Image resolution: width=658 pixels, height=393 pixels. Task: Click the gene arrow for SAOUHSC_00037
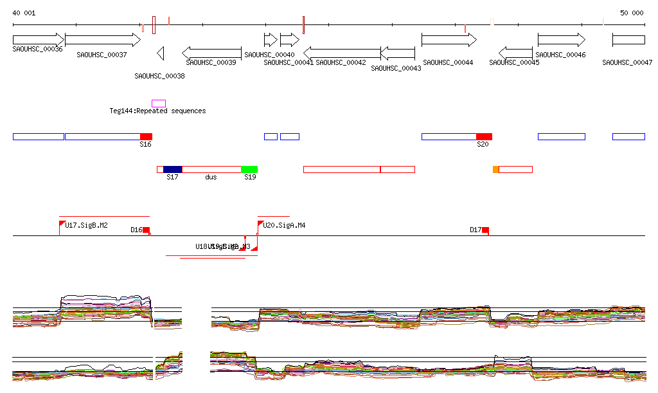(x=103, y=40)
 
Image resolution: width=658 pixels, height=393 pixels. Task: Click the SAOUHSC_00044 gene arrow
(x=449, y=40)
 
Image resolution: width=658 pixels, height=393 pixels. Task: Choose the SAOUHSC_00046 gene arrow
(x=561, y=40)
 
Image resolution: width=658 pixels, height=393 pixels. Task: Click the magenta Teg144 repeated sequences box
(x=158, y=104)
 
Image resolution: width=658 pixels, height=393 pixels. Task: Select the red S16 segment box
(x=146, y=136)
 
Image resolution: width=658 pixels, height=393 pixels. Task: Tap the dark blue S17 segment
(x=172, y=169)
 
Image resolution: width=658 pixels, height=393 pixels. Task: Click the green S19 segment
(x=249, y=169)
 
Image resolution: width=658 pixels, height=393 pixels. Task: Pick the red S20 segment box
(x=484, y=136)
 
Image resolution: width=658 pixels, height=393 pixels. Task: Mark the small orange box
(x=495, y=169)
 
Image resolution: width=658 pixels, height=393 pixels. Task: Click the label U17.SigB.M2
(x=86, y=225)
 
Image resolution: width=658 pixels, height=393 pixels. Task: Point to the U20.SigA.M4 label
(x=284, y=225)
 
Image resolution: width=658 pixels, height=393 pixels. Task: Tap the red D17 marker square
(x=485, y=230)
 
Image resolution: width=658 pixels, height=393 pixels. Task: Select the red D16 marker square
(x=146, y=230)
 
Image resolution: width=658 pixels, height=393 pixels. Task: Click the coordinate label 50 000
(x=631, y=13)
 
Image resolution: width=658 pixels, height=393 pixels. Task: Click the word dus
(x=211, y=177)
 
